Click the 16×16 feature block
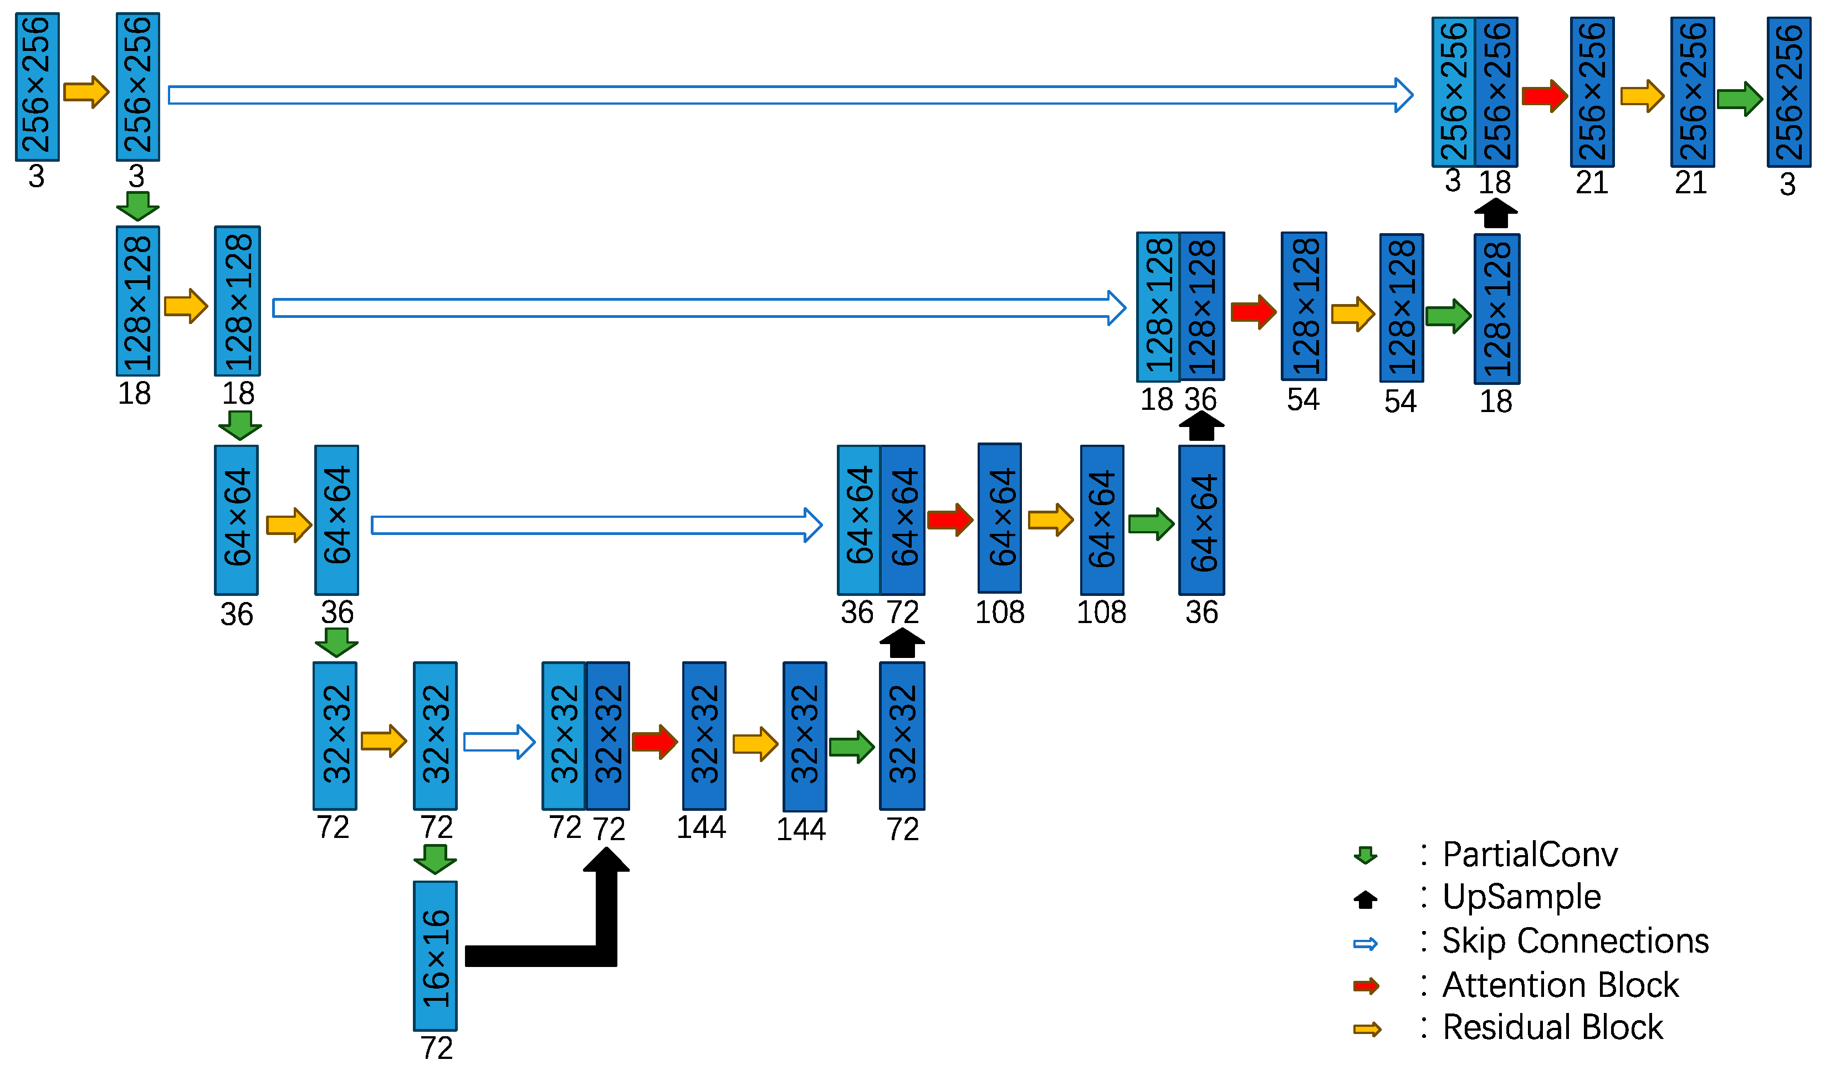[x=434, y=955]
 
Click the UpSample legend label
[x=1521, y=898]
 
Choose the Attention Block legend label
[x=1560, y=985]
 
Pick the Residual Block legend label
[x=1552, y=1028]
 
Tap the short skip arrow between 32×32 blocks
[x=499, y=742]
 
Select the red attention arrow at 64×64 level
[x=949, y=520]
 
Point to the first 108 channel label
[x=999, y=613]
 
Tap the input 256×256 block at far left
[x=37, y=86]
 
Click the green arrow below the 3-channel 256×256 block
[x=137, y=205]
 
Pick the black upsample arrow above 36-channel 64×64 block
[x=1201, y=426]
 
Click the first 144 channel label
[x=701, y=827]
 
